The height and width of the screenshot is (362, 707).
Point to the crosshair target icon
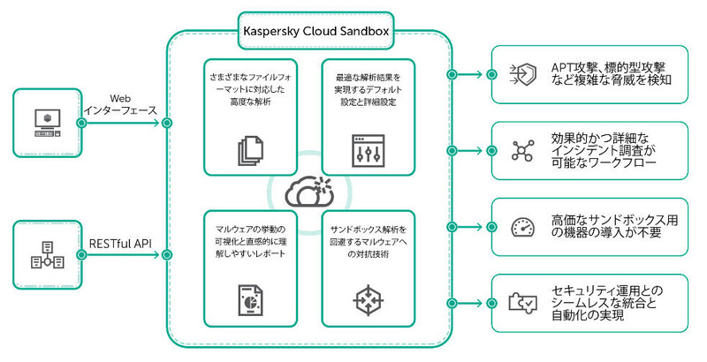click(363, 298)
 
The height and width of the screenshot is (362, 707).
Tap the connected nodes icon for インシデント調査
click(522, 150)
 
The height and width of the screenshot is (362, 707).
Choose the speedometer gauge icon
click(522, 227)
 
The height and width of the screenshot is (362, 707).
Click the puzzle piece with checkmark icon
click(522, 303)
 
